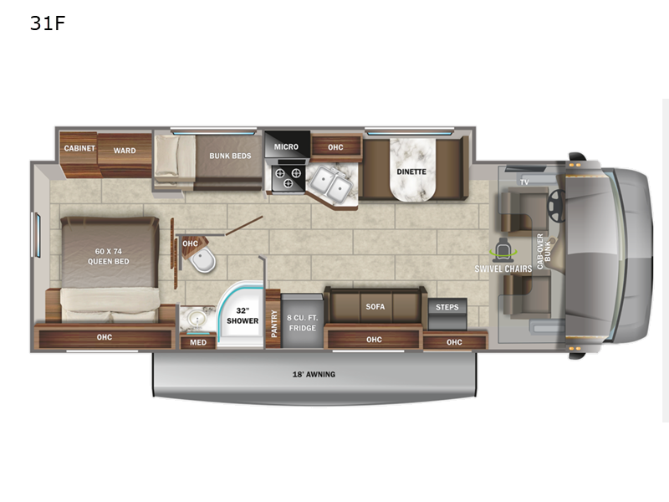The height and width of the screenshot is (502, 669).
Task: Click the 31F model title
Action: pyautogui.click(x=47, y=23)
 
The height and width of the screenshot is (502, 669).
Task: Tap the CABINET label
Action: pyautogui.click(x=80, y=149)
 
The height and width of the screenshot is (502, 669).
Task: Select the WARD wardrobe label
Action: pyautogui.click(x=125, y=151)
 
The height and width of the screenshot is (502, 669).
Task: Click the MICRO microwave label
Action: pyautogui.click(x=286, y=146)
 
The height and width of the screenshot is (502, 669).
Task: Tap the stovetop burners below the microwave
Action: pyautogui.click(x=286, y=177)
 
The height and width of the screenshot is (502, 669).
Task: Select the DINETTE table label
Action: pyautogui.click(x=411, y=172)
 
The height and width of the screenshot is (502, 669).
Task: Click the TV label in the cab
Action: pyautogui.click(x=524, y=182)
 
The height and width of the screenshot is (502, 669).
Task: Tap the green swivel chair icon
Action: pyautogui.click(x=503, y=249)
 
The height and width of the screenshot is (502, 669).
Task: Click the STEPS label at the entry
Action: pyautogui.click(x=447, y=307)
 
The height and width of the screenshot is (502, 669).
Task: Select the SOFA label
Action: pyautogui.click(x=375, y=306)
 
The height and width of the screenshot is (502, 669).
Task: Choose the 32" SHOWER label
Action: pyautogui.click(x=242, y=315)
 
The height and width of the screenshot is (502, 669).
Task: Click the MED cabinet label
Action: pyautogui.click(x=197, y=341)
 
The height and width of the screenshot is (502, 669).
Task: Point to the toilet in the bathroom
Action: pyautogui.click(x=202, y=264)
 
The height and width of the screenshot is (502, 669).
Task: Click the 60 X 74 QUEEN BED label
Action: pyautogui.click(x=108, y=255)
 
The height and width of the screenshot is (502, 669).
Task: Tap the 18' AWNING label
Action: pyautogui.click(x=314, y=374)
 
